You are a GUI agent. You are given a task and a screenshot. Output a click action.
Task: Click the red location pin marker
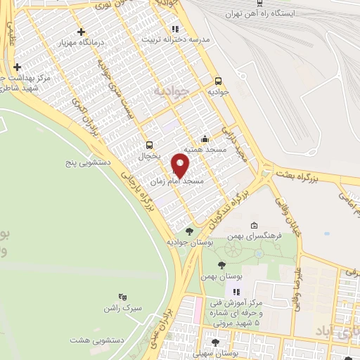click(x=181, y=166)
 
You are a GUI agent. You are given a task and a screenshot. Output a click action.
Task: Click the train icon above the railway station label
click(x=261, y=2)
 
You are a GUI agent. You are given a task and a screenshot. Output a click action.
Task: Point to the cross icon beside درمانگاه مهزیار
click(x=82, y=32)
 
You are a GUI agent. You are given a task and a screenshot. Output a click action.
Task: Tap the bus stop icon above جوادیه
click(x=218, y=81)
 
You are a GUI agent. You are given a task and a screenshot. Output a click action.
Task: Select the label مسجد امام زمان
click(x=177, y=181)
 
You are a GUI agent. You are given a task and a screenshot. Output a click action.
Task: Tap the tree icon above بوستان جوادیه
click(x=188, y=230)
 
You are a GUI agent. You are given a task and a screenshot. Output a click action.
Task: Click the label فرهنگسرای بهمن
click(x=258, y=236)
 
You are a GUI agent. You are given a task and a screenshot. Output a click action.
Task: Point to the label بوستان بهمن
click(x=218, y=276)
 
